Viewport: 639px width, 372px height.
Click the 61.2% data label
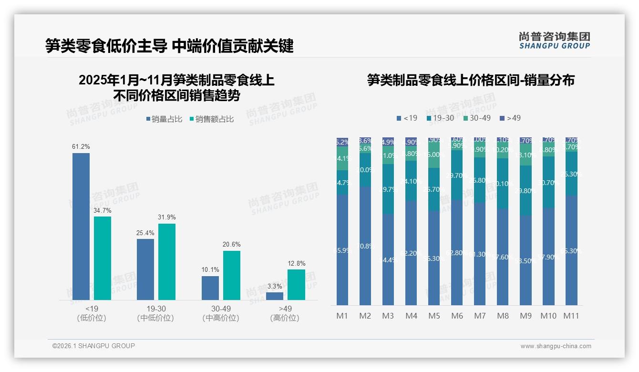pos(81,146)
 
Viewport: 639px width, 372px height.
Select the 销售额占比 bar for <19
pos(103,258)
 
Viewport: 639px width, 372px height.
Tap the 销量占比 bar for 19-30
pos(145,269)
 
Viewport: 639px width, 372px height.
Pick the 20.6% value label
pos(231,245)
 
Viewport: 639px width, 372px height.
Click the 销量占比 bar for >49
pos(275,296)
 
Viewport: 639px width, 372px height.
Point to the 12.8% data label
pos(296,263)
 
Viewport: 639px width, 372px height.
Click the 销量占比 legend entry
pos(165,119)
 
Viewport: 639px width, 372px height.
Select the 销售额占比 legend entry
pos(212,119)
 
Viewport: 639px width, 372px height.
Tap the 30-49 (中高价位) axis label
pos(221,313)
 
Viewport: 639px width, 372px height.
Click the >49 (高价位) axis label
pos(285,313)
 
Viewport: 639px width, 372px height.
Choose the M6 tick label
pos(457,316)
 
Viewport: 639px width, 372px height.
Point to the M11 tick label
pos(571,316)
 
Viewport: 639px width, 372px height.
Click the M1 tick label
pos(342,316)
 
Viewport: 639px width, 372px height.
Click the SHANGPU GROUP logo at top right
pos(554,41)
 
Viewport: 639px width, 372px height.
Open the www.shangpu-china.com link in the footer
pos(556,346)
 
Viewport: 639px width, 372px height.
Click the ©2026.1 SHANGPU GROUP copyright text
pos(93,346)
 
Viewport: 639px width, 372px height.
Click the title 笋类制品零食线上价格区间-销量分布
pos(471,80)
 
